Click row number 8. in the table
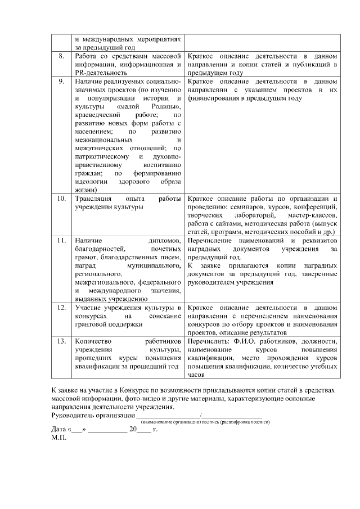(62, 57)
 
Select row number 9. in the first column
(62, 82)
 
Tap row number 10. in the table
(62, 199)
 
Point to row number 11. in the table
(62, 241)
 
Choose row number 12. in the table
(62, 308)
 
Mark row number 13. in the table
(62, 341)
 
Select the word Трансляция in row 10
(93, 199)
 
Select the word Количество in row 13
(93, 341)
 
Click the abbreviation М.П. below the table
(59, 437)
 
